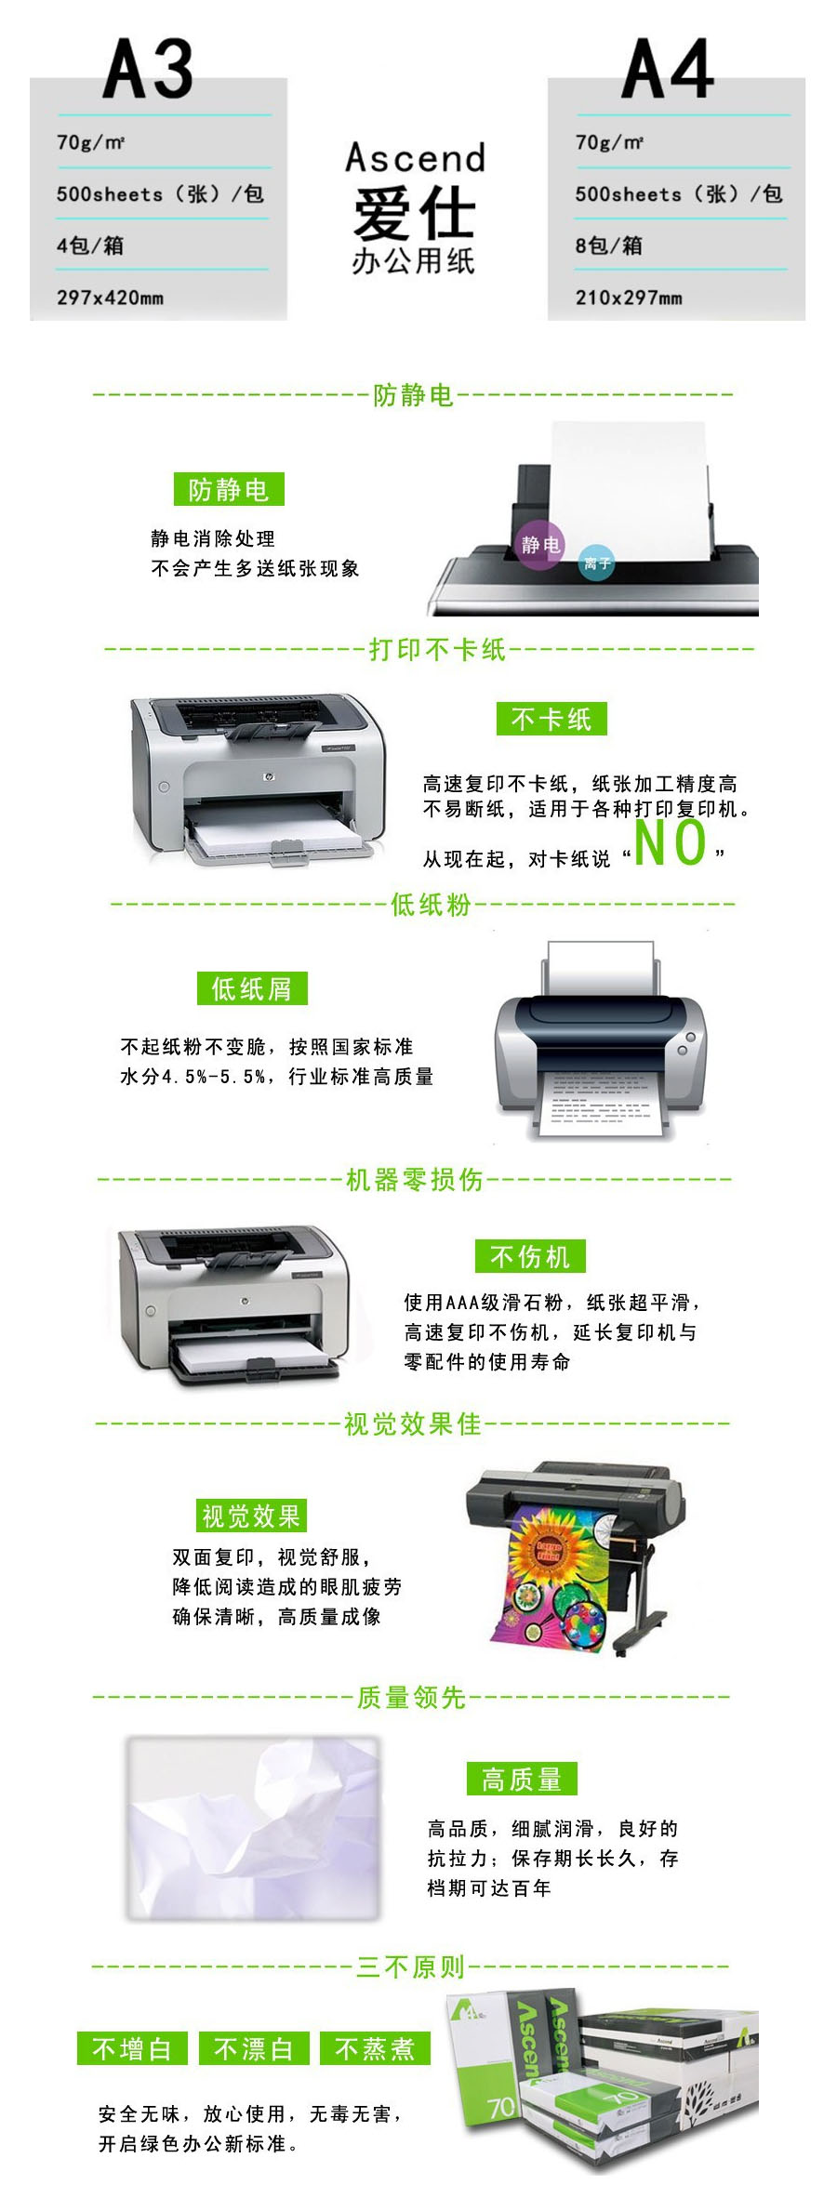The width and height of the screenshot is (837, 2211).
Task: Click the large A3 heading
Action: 148,69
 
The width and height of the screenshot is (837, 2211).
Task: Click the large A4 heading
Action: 667,69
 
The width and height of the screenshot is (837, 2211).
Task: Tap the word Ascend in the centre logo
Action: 416,157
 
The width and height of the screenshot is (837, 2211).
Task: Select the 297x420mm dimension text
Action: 110,298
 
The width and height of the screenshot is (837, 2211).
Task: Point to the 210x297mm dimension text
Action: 629,298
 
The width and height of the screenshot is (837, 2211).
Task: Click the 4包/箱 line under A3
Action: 90,245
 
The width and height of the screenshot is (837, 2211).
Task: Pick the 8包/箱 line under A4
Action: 609,245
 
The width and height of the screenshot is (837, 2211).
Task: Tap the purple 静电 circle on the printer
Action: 540,544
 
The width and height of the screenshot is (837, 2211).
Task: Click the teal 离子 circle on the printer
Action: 596,563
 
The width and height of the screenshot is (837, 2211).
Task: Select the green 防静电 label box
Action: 229,489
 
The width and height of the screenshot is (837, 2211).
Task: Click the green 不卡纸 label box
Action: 551,719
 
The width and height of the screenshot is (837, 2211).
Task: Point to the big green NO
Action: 670,842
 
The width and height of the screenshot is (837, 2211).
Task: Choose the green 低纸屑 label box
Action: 252,988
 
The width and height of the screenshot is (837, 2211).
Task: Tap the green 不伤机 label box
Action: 530,1257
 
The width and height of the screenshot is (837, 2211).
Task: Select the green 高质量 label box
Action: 522,1780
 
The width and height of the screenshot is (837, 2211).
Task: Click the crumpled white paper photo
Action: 254,1829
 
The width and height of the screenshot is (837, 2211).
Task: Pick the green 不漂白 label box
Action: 254,2049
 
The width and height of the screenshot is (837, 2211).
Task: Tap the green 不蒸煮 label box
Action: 375,2049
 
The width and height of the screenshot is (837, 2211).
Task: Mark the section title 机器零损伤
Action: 415,1180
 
